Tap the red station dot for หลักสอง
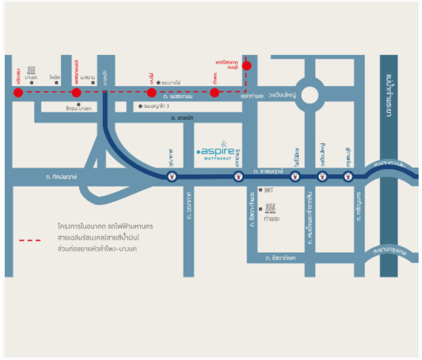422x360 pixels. tap(18, 93)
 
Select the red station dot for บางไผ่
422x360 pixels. tap(152, 93)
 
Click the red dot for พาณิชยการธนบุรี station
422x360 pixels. tap(247, 66)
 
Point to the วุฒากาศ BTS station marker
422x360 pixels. tap(172, 177)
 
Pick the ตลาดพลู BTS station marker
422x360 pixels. tap(238, 177)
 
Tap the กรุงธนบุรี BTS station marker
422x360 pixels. tap(348, 177)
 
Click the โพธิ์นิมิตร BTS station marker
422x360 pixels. tap(295, 177)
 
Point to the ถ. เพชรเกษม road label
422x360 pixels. tap(180, 97)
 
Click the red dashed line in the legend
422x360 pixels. tap(30, 240)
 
